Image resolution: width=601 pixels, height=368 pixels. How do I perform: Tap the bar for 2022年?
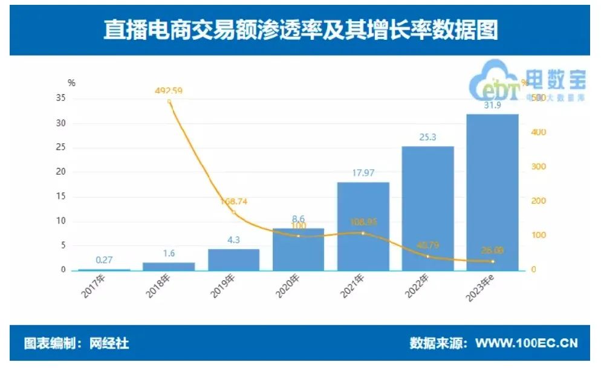pyautogui.click(x=428, y=208)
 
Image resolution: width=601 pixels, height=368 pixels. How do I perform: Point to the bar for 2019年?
pyautogui.click(x=233, y=260)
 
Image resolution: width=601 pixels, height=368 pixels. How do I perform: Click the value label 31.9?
pyautogui.click(x=493, y=106)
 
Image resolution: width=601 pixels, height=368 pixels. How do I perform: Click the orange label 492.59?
pyautogui.click(x=169, y=91)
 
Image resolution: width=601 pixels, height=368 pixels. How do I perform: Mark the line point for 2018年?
pyautogui.click(x=169, y=102)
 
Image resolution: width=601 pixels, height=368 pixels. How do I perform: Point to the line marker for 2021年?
pyautogui.click(x=363, y=233)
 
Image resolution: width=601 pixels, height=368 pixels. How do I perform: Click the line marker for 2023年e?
pyautogui.click(x=493, y=261)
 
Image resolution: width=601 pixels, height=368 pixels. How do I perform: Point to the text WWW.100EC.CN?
pyautogui.click(x=526, y=344)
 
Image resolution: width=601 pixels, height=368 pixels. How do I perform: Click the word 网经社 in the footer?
pyautogui.click(x=109, y=344)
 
